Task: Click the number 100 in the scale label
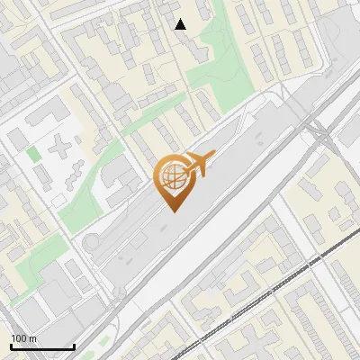[19, 338]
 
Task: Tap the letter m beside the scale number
[32, 338]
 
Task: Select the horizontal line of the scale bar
[42, 346]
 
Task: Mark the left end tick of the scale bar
[12, 346]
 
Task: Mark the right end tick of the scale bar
[73, 346]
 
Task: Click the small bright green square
[34, 154]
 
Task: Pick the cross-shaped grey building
[61, 146]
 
